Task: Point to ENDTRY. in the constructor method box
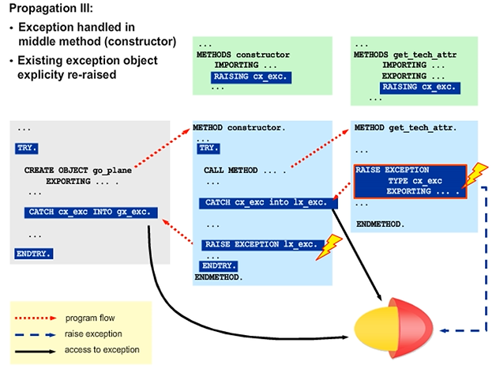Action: pyautogui.click(x=219, y=266)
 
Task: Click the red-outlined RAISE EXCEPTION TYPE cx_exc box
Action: pyautogui.click(x=408, y=180)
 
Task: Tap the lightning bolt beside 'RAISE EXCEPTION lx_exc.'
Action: pyautogui.click(x=327, y=247)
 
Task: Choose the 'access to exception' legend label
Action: pyautogui.click(x=103, y=349)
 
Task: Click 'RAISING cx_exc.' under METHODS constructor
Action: pyautogui.click(x=250, y=77)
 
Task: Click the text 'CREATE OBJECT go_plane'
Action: pyautogui.click(x=78, y=170)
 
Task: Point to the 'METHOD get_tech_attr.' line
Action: pyautogui.click(x=406, y=127)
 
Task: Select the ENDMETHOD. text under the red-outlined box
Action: pyautogui.click(x=381, y=224)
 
